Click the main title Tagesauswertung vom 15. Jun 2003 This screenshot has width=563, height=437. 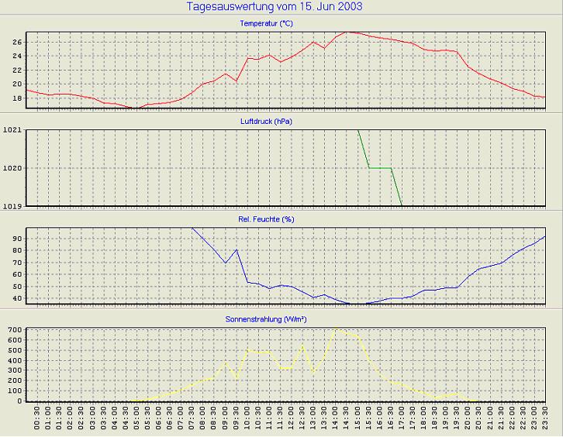point(275,7)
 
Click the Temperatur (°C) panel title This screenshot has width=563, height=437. point(266,23)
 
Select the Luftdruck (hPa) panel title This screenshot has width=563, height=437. point(266,121)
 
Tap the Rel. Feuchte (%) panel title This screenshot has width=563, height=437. point(266,219)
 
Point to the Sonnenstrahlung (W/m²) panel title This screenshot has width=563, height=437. point(266,318)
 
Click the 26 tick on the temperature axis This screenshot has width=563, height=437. point(16,42)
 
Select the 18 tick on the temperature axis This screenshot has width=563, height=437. point(16,98)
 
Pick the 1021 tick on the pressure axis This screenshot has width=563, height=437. point(12,130)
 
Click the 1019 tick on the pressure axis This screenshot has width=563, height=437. point(12,205)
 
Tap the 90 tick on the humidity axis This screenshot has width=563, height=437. point(16,239)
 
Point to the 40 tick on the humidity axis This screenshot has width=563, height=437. point(16,298)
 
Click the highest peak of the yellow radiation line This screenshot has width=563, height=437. point(336,329)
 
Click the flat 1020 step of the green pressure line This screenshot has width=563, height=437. point(379,167)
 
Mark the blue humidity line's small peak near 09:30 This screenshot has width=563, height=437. point(237,249)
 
